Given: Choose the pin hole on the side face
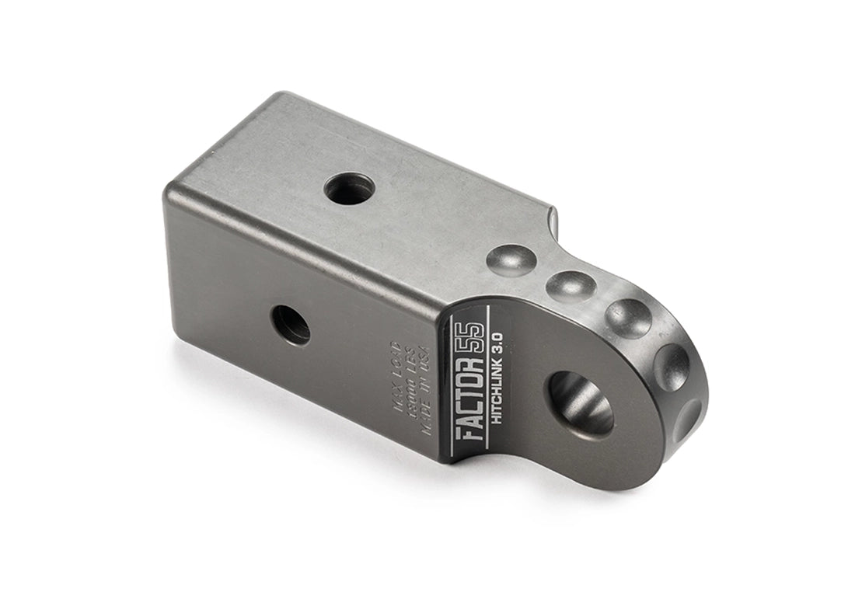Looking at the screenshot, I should pyautogui.click(x=290, y=323).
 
